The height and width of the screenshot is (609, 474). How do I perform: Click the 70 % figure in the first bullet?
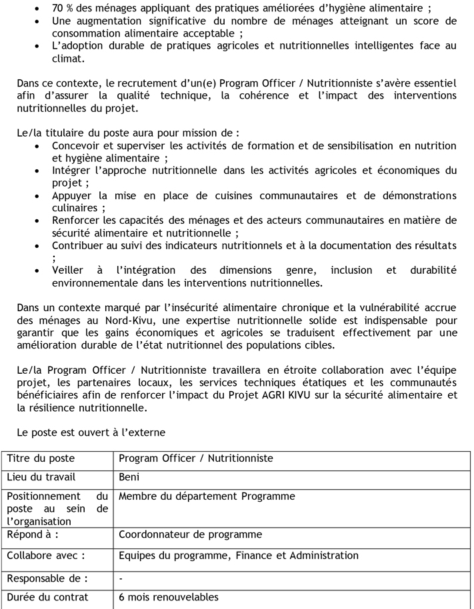[x=63, y=9]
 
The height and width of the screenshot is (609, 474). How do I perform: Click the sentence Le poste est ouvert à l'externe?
[x=91, y=432]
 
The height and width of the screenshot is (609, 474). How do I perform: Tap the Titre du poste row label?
[x=41, y=458]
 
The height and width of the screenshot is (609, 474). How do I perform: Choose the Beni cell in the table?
[x=129, y=477]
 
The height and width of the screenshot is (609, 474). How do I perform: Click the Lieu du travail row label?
[x=41, y=477]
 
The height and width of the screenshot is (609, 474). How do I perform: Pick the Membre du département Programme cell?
[x=207, y=496]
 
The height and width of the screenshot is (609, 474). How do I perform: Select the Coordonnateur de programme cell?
[x=190, y=534]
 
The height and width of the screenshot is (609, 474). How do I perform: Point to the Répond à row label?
[x=33, y=534]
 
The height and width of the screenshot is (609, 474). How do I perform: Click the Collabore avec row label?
[x=45, y=555]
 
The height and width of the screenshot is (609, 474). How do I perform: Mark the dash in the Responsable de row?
[x=121, y=578]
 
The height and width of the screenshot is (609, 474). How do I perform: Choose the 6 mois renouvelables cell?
[x=168, y=597]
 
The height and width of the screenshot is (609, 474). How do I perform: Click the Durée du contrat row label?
[x=47, y=597]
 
